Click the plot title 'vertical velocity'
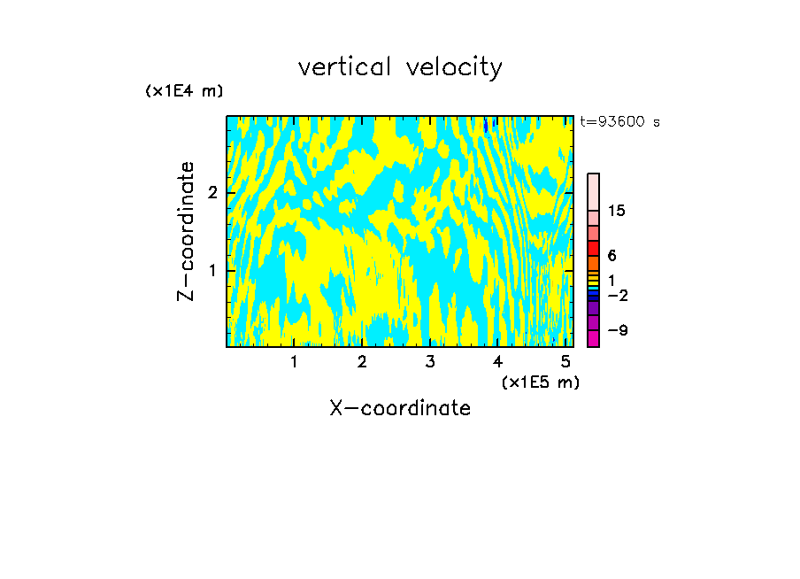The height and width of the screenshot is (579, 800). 400,67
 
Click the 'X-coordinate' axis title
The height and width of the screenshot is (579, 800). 400,408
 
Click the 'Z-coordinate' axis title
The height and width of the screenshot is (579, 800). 186,231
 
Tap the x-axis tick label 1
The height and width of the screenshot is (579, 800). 294,362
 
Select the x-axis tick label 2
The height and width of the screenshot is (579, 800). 362,362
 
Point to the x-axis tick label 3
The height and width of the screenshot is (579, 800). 429,362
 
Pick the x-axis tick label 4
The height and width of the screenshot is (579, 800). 497,362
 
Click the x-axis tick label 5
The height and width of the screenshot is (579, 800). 565,362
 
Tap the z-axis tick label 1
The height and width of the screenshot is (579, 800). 212,269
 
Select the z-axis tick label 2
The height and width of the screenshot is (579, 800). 212,192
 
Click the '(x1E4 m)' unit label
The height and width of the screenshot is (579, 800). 184,91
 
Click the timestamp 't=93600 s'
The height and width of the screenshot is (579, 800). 619,122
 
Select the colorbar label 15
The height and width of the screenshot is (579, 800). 617,211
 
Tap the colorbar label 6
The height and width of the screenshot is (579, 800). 612,256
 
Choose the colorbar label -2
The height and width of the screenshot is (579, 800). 617,295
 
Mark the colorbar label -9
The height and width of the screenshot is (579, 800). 617,330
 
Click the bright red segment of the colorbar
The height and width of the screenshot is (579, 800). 594,249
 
